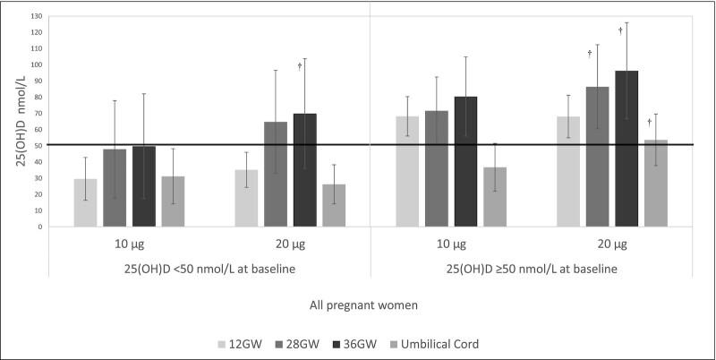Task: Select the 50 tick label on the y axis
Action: pyautogui.click(x=38, y=146)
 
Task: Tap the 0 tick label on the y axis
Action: pyautogui.click(x=41, y=227)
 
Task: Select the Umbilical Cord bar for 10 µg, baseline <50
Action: pyautogui.click(x=173, y=201)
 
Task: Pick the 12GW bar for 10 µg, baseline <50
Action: pyautogui.click(x=86, y=202)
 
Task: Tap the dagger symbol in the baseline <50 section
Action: pyautogui.click(x=299, y=66)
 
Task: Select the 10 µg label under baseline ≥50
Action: pyautogui.click(x=451, y=244)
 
